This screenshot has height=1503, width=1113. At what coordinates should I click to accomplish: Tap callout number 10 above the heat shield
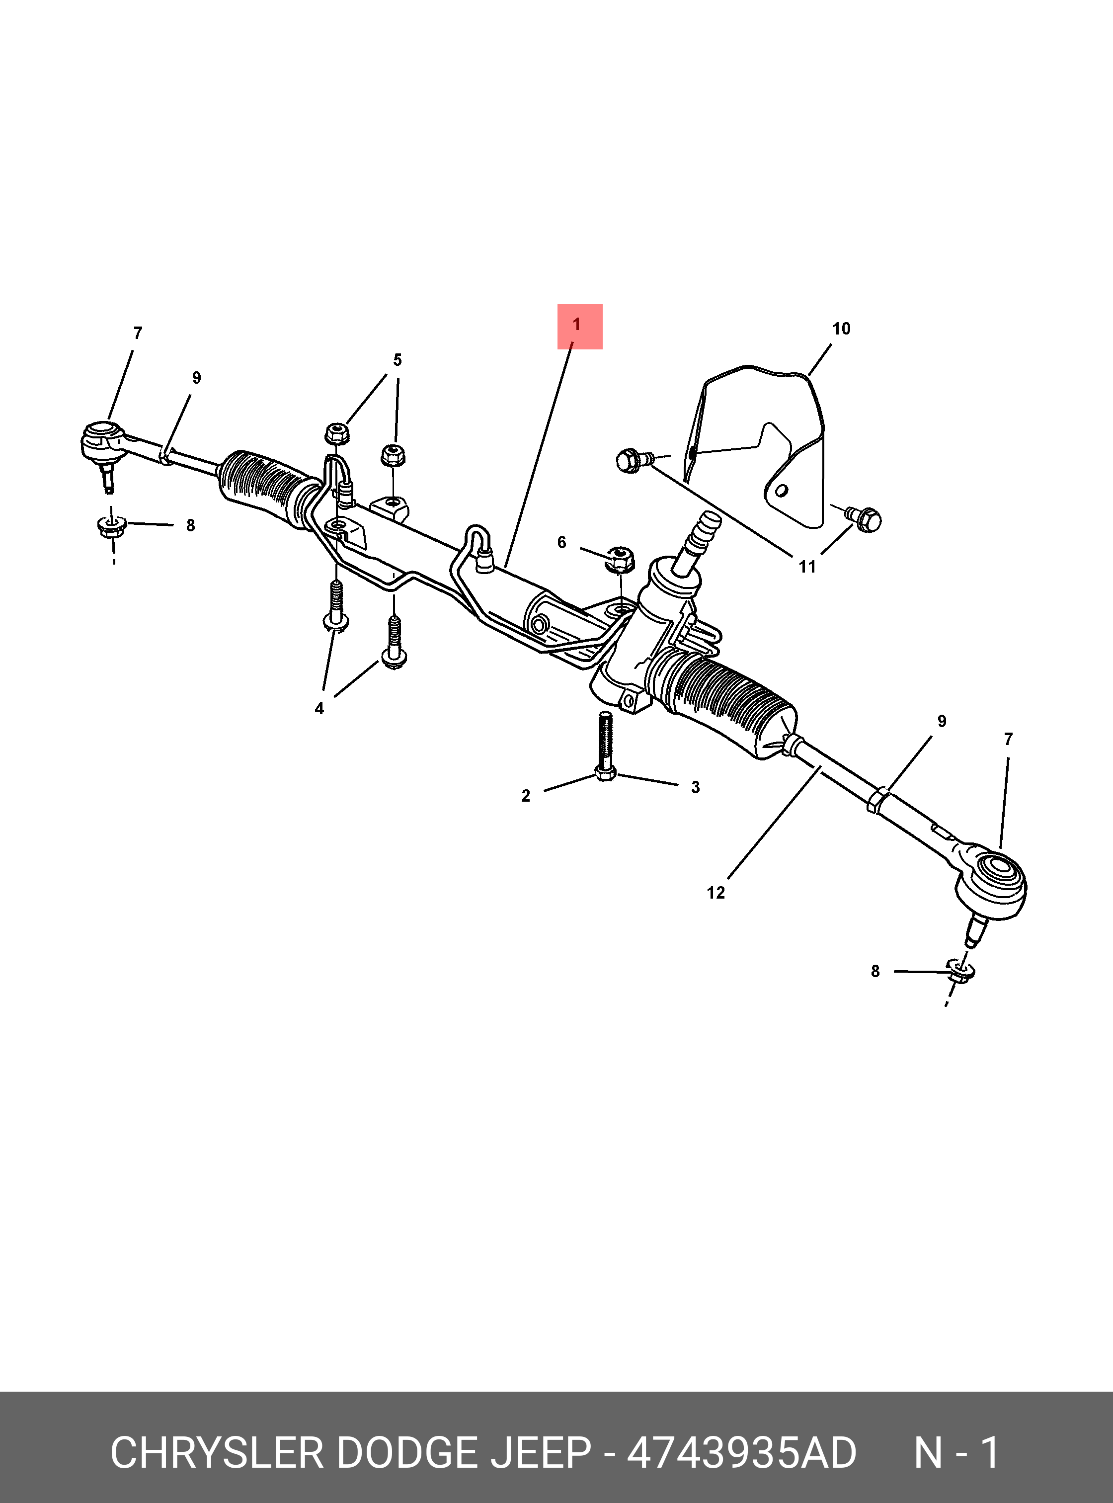tap(841, 329)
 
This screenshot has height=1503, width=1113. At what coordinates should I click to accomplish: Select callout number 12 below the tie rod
tap(715, 893)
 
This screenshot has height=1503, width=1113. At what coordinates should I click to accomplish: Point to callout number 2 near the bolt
tap(526, 796)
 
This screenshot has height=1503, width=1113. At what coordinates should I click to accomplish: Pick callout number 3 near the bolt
tap(695, 787)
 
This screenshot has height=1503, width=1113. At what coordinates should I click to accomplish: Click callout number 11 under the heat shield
tap(807, 567)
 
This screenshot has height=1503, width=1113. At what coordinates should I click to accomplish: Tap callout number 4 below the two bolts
tap(319, 708)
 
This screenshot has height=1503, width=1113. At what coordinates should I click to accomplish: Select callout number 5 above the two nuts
tap(397, 360)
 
